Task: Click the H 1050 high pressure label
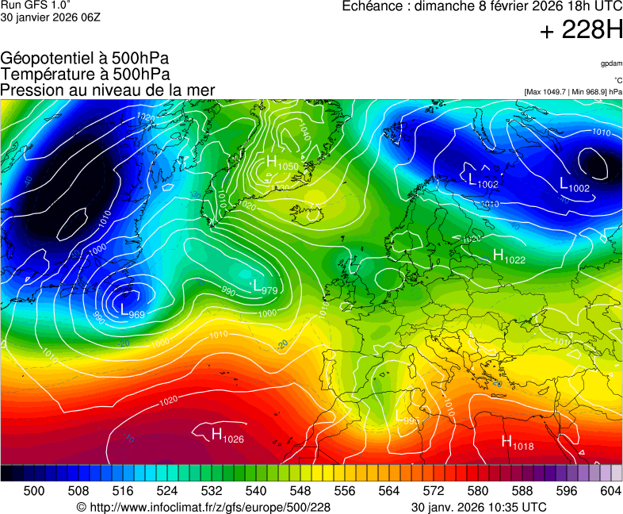coord(281,163)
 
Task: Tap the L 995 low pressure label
coord(407,416)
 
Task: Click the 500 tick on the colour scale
coord(34,491)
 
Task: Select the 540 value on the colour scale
coord(256,491)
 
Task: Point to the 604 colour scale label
coord(611,491)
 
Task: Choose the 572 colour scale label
coord(434,491)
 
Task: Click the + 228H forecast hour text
coord(581,31)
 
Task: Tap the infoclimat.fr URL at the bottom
coord(203,507)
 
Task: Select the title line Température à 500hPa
coord(85,74)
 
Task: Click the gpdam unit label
coord(610,63)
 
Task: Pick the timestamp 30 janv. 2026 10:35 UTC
coord(479,507)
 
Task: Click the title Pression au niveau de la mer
coord(107,90)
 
